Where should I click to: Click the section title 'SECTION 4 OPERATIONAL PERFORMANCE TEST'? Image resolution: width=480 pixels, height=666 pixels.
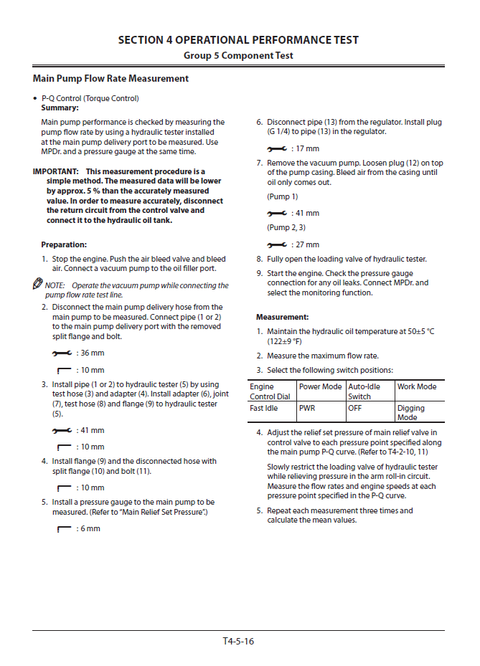click(x=238, y=40)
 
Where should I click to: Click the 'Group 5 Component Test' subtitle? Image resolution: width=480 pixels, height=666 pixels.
click(x=238, y=55)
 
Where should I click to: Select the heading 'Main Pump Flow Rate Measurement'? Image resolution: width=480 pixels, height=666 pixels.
click(x=110, y=78)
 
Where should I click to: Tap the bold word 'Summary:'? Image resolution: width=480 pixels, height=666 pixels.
click(x=60, y=108)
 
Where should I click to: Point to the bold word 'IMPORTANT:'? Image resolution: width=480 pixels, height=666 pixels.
click(x=56, y=172)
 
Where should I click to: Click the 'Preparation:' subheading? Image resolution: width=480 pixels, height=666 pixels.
click(x=64, y=244)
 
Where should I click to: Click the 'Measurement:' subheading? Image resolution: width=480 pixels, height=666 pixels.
click(x=283, y=317)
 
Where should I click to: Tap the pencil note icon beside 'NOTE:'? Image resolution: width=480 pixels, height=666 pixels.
click(x=38, y=285)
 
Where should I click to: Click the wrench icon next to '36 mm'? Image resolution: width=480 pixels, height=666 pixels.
click(x=62, y=353)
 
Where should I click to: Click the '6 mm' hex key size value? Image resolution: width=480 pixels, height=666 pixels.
click(x=89, y=529)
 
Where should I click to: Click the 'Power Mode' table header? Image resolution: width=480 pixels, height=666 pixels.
click(x=320, y=386)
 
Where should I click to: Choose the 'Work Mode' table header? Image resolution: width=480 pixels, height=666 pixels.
click(x=417, y=386)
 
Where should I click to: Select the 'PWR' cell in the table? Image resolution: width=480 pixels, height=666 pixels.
click(x=307, y=408)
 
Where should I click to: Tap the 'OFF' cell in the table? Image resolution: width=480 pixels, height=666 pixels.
click(x=355, y=408)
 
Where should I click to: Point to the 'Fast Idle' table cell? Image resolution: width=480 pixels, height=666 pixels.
click(x=264, y=408)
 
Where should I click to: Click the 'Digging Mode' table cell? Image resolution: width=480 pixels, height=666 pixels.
click(x=411, y=412)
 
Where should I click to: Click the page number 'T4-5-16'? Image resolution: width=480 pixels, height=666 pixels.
click(x=238, y=641)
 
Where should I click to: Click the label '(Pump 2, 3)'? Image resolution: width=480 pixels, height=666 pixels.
click(x=286, y=228)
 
